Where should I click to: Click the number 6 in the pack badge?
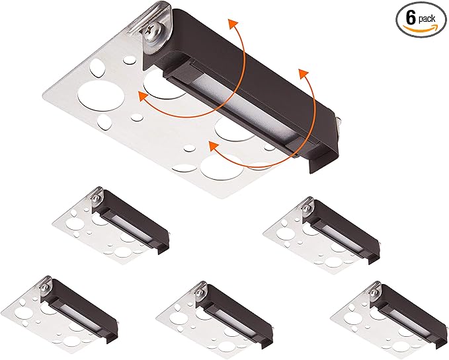click(411, 18)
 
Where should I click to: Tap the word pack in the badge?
click(427, 19)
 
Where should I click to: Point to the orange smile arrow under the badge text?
click(420, 28)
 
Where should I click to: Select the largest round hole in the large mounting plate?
click(101, 96)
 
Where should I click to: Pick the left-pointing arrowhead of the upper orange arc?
click(143, 96)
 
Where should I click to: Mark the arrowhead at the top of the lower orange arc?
click(303, 74)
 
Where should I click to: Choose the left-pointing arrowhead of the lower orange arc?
click(214, 146)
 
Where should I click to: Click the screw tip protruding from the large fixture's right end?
click(339, 122)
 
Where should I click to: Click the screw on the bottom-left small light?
click(44, 287)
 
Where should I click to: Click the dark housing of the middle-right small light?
click(347, 226)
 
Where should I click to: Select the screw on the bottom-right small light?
click(374, 293)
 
